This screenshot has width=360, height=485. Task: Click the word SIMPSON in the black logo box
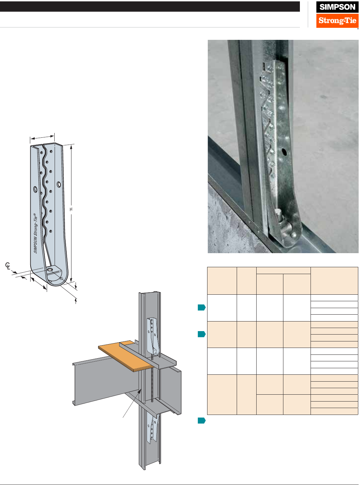click(x=337, y=7)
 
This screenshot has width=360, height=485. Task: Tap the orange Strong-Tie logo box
click(x=337, y=21)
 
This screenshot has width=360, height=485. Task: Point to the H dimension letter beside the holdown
click(x=71, y=209)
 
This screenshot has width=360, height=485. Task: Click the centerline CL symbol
click(x=8, y=266)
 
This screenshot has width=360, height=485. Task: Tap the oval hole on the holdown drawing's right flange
click(x=59, y=184)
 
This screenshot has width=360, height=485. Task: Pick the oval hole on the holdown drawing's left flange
click(x=35, y=189)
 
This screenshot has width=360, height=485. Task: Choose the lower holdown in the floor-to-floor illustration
click(x=152, y=429)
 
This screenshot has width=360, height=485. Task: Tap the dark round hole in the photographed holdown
click(x=284, y=152)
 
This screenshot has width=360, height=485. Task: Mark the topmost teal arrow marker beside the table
click(x=202, y=307)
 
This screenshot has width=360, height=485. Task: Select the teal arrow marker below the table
click(x=202, y=420)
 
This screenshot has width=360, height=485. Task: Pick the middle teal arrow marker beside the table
click(x=202, y=334)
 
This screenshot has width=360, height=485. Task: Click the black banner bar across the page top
click(x=150, y=7)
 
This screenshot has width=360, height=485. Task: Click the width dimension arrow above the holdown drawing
click(x=42, y=137)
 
